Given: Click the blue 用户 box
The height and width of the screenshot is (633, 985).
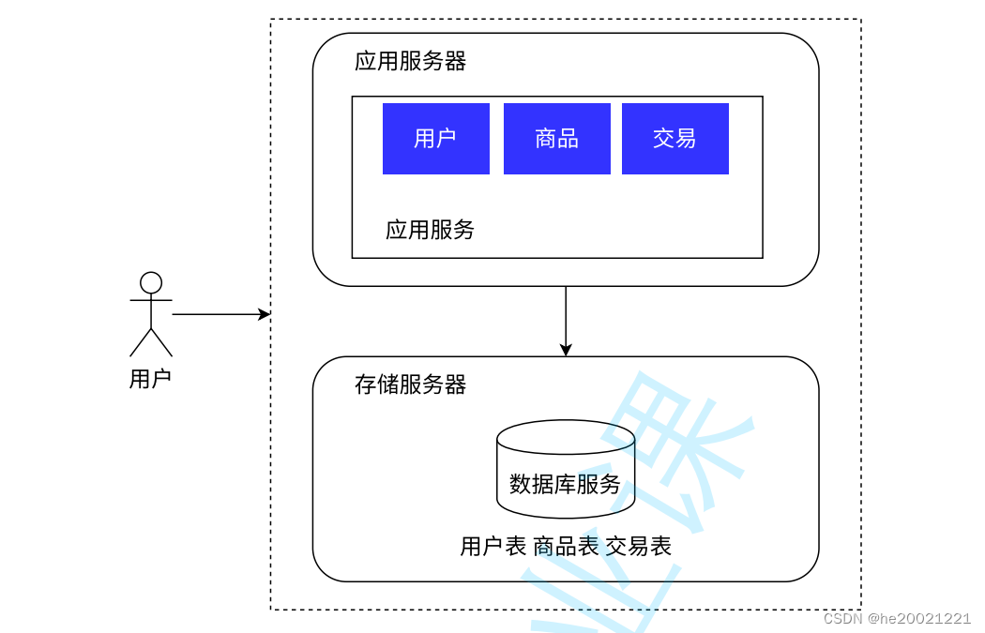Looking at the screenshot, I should pos(435,139).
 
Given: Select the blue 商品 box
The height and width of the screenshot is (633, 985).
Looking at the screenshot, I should pos(556,139).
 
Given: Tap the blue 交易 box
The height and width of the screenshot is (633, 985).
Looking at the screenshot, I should pos(674,139).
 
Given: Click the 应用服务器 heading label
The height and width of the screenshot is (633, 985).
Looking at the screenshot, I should pos(410,62).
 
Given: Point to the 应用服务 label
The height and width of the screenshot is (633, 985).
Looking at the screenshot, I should pos(430,230).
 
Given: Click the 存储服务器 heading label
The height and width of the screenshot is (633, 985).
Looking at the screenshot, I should pos(410,384).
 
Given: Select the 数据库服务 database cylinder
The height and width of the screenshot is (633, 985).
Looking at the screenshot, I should pos(565,484).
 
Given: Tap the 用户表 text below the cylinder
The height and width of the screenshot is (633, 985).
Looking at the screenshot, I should pos(493,547).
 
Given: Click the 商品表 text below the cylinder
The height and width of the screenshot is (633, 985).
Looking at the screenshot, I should pos(566,547).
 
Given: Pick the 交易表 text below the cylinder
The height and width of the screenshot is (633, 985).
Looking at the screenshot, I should pos(638,547).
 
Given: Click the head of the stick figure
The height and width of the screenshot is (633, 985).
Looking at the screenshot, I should pos(150,282).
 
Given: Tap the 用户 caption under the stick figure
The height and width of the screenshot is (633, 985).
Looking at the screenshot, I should pos(150,380).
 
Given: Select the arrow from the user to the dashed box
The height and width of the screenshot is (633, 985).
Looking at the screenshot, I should pos(216,314).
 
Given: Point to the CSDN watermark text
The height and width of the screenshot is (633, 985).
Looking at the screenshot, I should pos(842,619).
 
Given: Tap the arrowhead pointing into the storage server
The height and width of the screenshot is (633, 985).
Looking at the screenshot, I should pos(566,350).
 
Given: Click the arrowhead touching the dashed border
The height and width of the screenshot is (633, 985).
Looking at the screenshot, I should pos(265,314).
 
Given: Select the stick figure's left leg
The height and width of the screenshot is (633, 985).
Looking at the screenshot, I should pos(140,343).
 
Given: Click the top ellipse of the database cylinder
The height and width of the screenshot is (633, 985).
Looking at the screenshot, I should pos(565,437).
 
